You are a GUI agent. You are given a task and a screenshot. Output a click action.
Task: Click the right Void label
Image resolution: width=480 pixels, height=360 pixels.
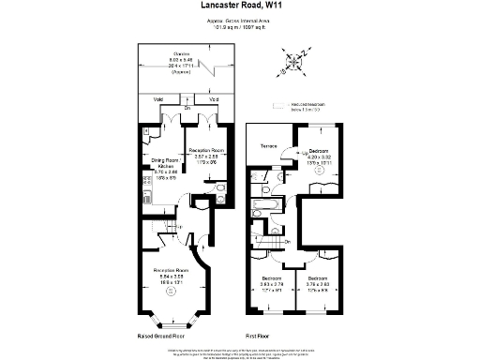pyautogui.click(x=214, y=99)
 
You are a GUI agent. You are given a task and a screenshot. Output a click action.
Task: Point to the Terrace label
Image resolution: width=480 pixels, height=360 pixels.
pyautogui.click(x=270, y=145)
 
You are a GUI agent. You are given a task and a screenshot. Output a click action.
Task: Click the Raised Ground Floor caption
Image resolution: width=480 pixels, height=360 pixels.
pyautogui.click(x=161, y=336)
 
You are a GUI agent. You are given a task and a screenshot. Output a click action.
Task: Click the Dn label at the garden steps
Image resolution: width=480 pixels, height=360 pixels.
pyautogui.click(x=187, y=108)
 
